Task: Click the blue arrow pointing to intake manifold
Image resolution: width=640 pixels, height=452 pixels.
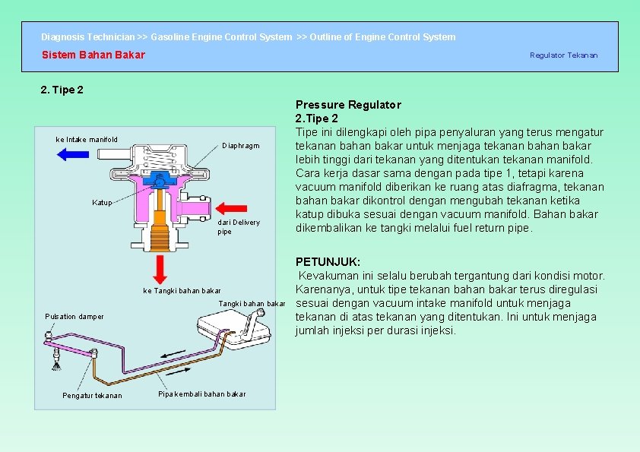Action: pyautogui.click(x=73, y=153)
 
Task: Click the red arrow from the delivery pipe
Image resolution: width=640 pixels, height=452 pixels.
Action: pyautogui.click(x=232, y=207)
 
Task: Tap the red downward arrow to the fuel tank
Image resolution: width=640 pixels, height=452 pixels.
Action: pyautogui.click(x=160, y=268)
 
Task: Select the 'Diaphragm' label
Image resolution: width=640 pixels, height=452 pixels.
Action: pyautogui.click(x=241, y=146)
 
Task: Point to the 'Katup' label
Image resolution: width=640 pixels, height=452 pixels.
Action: pyautogui.click(x=102, y=203)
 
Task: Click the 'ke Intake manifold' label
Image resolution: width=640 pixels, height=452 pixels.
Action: pyautogui.click(x=87, y=139)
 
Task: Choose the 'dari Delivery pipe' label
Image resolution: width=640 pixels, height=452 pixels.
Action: pyautogui.click(x=238, y=226)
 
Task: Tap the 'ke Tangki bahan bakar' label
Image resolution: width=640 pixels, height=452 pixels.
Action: pyautogui.click(x=182, y=291)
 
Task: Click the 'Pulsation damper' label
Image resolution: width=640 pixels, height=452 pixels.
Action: pyautogui.click(x=74, y=316)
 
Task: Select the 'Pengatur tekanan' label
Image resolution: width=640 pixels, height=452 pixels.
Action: pyautogui.click(x=91, y=395)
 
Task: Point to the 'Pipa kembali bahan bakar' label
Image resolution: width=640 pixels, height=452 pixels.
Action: pyautogui.click(x=201, y=394)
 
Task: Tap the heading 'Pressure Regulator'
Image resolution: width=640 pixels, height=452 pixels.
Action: pyautogui.click(x=348, y=105)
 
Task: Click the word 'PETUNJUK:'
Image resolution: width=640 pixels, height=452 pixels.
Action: pyautogui.click(x=328, y=261)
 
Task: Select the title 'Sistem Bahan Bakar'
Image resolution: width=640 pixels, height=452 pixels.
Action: pyautogui.click(x=93, y=55)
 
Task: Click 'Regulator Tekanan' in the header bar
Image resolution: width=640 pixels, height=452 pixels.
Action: pyautogui.click(x=563, y=55)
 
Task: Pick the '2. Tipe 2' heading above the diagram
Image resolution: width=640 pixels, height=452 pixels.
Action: pyautogui.click(x=62, y=90)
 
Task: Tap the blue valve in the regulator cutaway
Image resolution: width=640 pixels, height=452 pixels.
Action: pyautogui.click(x=159, y=181)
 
